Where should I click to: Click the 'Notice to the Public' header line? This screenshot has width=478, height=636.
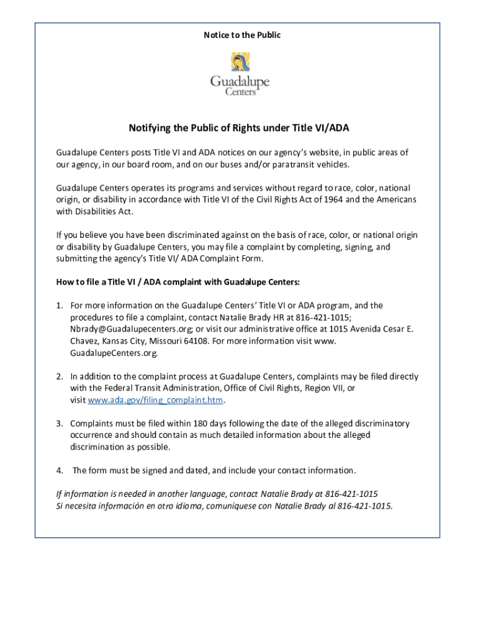tap(242, 35)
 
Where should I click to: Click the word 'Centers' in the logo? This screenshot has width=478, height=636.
tap(241, 92)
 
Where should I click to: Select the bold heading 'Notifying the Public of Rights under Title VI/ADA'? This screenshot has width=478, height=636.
tap(239, 128)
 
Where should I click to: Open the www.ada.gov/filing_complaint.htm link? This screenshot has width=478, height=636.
tap(155, 400)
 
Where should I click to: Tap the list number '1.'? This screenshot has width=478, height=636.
tap(60, 306)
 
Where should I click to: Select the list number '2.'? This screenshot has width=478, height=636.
tap(60, 376)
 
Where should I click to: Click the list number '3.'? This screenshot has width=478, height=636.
tap(60, 424)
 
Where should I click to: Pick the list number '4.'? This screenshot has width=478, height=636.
tap(60, 470)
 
